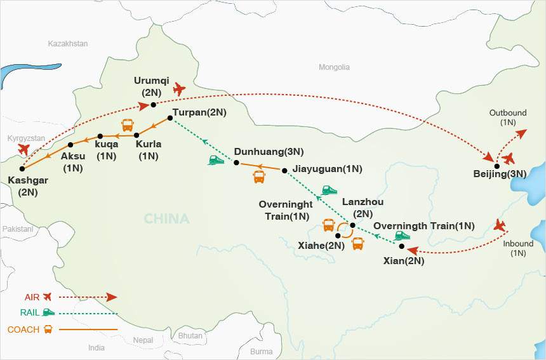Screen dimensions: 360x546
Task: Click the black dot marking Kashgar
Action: [x=22, y=169]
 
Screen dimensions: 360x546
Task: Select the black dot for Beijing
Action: [x=496, y=166]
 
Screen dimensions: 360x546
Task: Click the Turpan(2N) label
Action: [x=199, y=112]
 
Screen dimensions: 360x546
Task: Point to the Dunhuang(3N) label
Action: [x=269, y=152]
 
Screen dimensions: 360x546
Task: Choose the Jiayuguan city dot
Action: [x=284, y=170]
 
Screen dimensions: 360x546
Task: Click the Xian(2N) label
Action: [x=404, y=260]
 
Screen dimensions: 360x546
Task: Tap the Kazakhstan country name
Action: [x=68, y=44]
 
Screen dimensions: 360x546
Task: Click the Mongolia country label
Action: [x=334, y=67]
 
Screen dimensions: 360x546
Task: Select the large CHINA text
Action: [x=166, y=219]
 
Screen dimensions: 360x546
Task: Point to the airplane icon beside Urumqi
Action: [x=179, y=90]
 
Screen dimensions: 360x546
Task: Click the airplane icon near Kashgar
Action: [x=24, y=149]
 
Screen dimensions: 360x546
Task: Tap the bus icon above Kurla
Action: [x=128, y=124]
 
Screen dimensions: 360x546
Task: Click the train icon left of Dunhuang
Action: [x=216, y=161]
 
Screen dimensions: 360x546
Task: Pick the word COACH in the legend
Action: [x=23, y=330]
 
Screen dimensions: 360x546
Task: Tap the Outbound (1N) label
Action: [x=507, y=117]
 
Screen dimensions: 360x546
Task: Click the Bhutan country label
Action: [x=190, y=335]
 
